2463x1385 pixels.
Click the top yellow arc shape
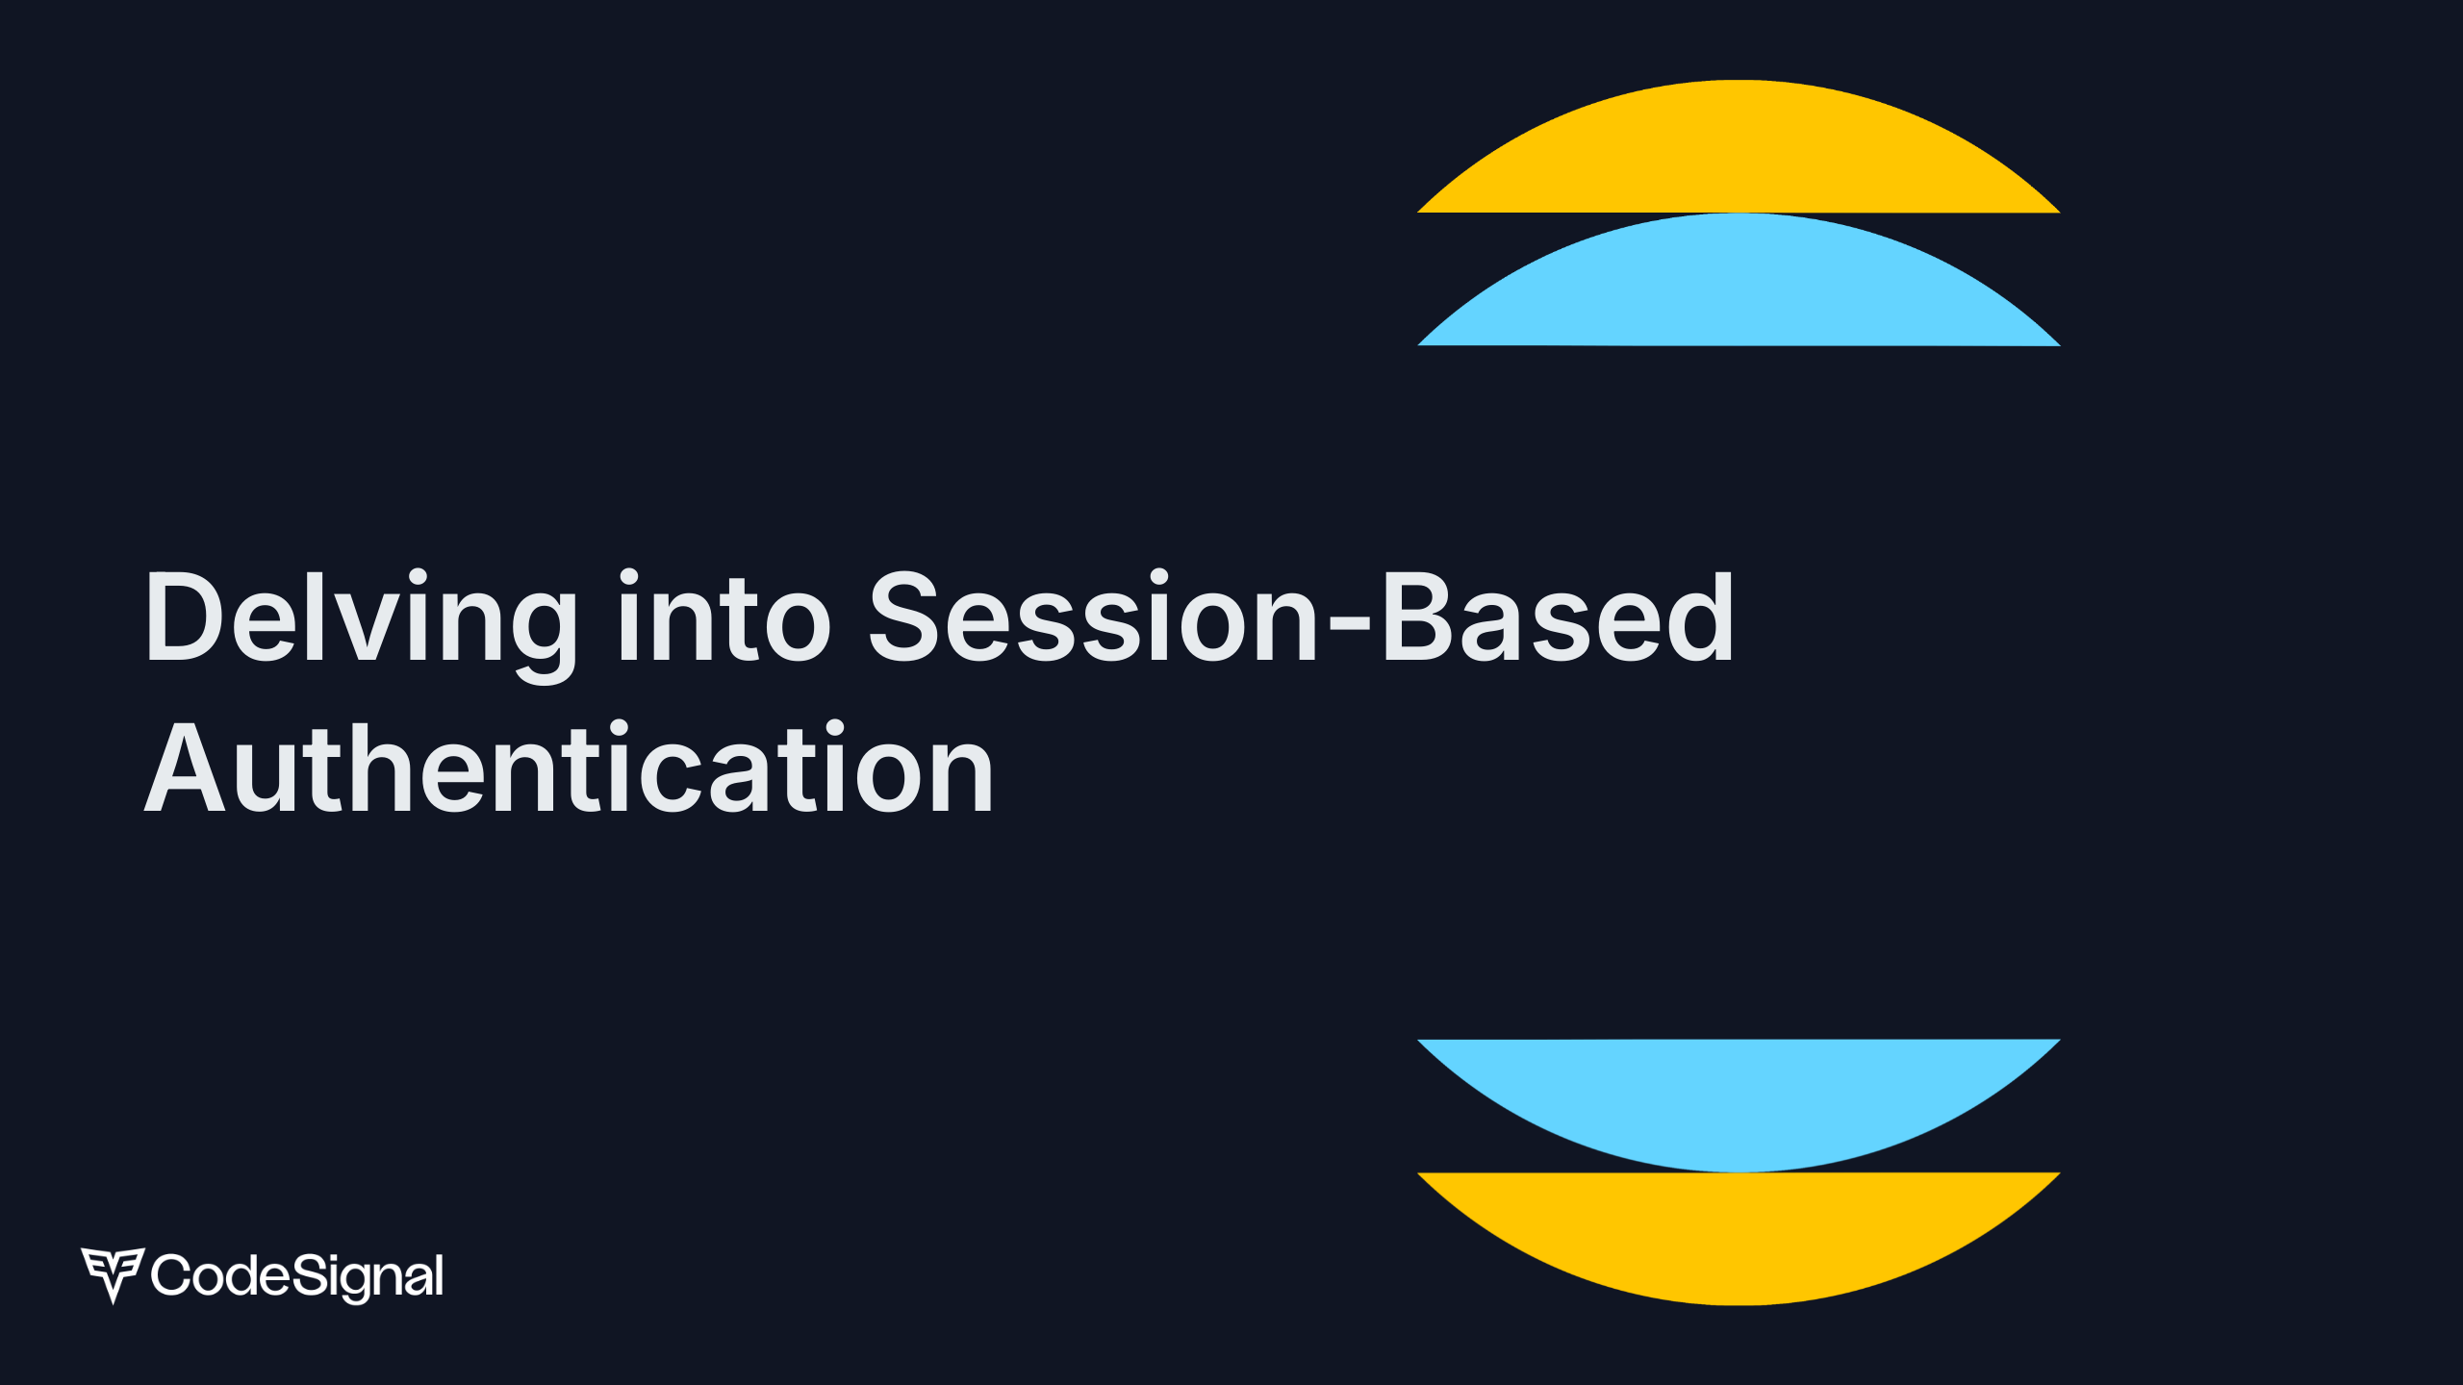(x=1738, y=154)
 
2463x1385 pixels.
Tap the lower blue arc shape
(x=1738, y=1096)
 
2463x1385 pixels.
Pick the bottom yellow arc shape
(x=1738, y=1231)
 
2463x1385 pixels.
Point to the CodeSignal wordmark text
(x=297, y=1275)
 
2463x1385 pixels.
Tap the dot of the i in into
(x=628, y=577)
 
